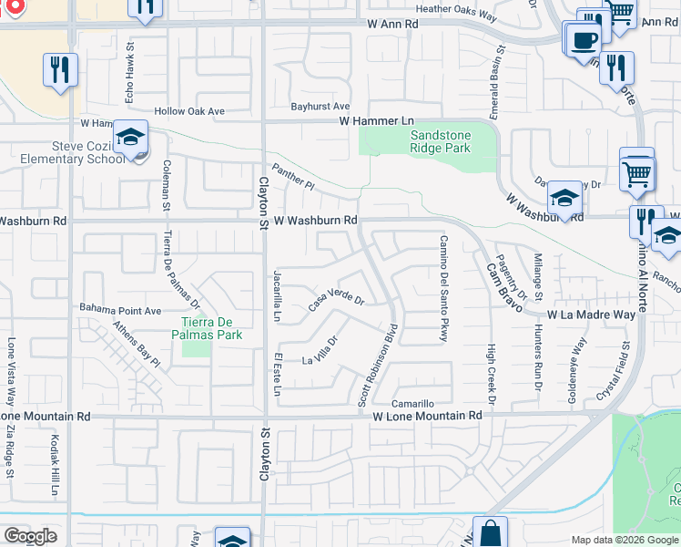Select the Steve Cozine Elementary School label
[x=63, y=152]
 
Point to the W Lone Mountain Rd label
[x=427, y=416]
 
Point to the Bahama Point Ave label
[x=121, y=310]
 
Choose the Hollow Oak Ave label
[x=188, y=111]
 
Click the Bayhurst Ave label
[x=320, y=107]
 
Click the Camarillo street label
[x=412, y=403]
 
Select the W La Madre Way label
[x=591, y=315]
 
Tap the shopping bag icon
[x=490, y=532]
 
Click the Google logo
[x=30, y=536]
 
